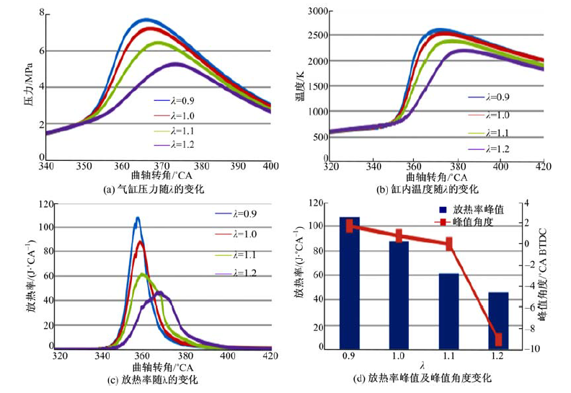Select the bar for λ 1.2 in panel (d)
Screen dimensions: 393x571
click(x=497, y=322)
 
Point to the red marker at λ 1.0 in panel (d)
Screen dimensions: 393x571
click(x=399, y=236)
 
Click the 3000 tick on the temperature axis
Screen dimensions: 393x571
click(x=317, y=10)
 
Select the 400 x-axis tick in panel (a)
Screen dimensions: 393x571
click(x=271, y=167)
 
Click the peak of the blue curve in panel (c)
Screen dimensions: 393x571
click(x=137, y=218)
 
